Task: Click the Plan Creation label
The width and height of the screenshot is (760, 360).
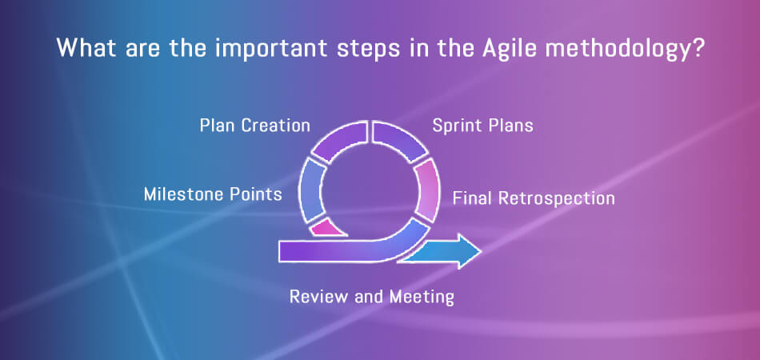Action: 255,126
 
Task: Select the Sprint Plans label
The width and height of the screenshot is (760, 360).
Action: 482,126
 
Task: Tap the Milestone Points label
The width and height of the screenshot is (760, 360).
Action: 213,194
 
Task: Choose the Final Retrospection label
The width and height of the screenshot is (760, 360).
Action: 534,198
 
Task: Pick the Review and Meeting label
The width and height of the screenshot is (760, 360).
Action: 372,297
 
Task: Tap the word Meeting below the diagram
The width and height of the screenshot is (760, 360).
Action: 422,297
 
